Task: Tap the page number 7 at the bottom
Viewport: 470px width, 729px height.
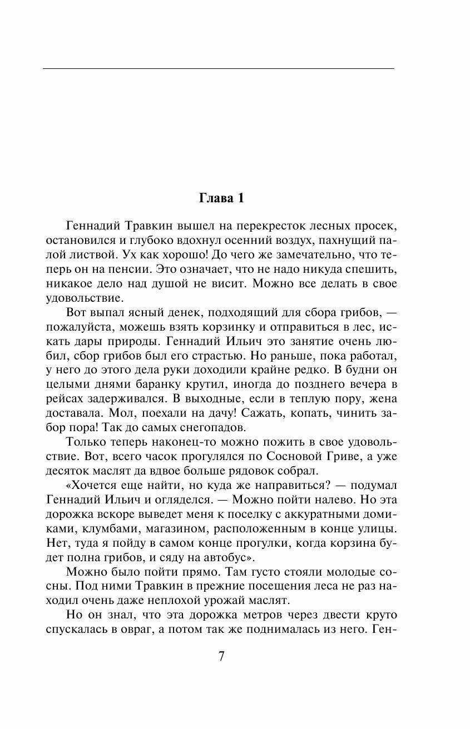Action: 221,656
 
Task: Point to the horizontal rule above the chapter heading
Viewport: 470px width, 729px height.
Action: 218,68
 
